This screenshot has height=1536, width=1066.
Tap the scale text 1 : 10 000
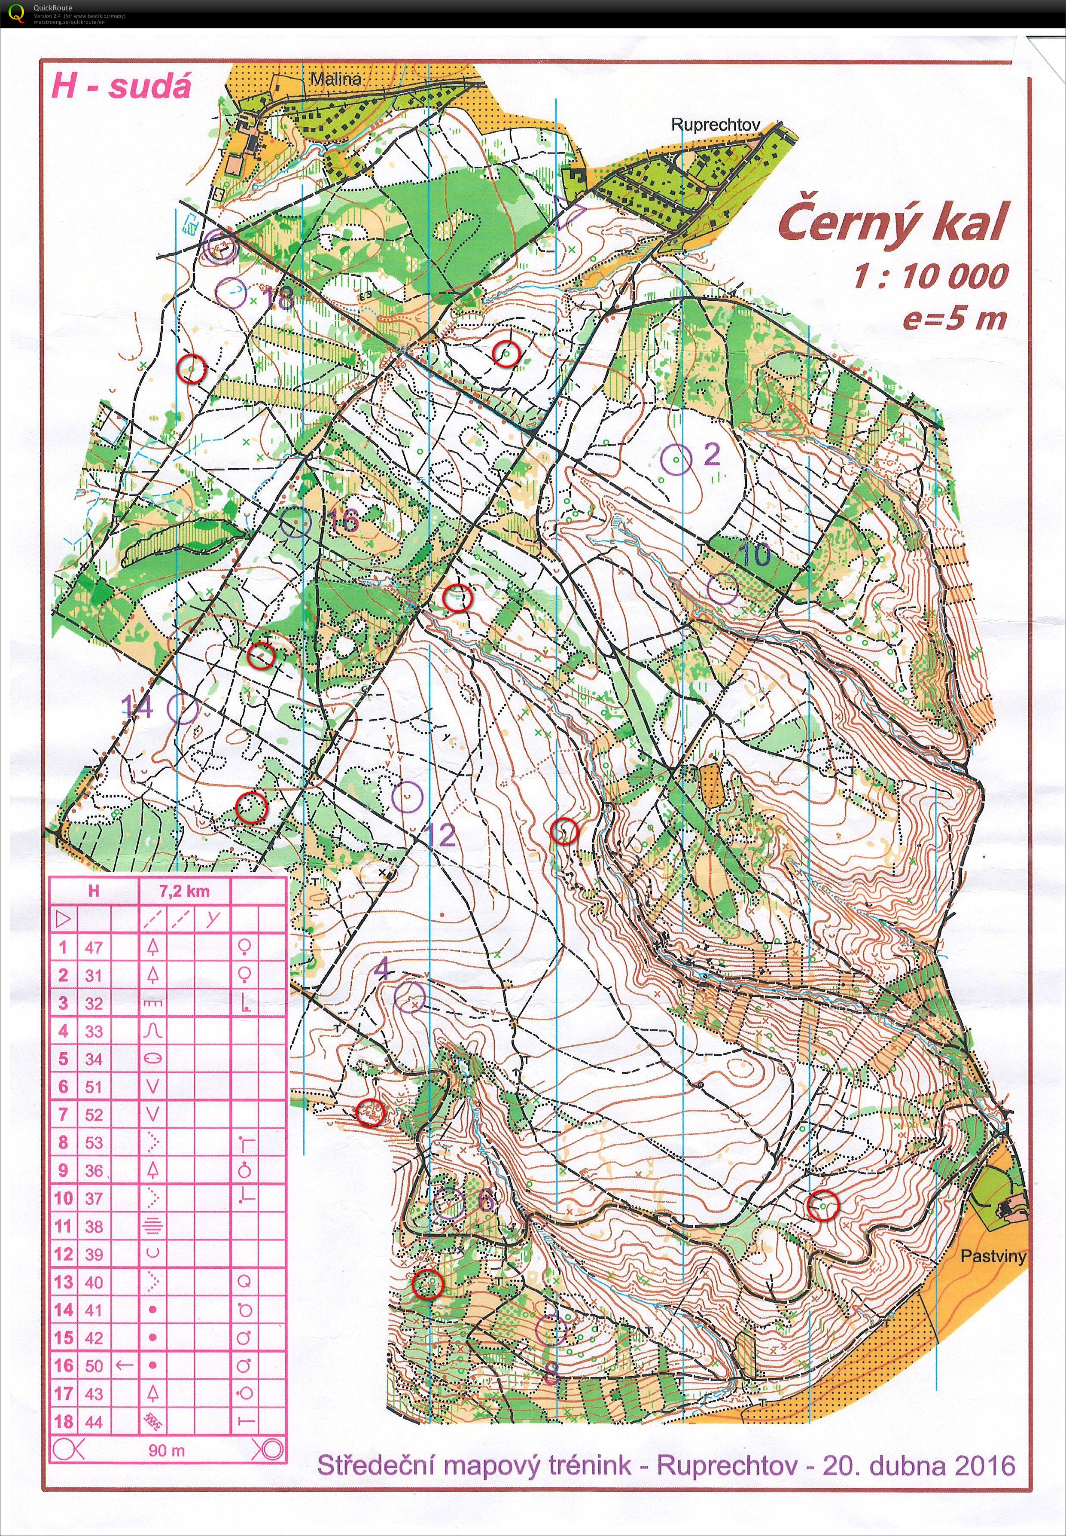930,276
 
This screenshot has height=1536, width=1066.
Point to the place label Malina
336,79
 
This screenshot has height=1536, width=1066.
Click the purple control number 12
439,835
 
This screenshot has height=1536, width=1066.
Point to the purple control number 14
137,707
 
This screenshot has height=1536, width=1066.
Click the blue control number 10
755,554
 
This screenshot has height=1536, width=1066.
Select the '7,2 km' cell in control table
184,891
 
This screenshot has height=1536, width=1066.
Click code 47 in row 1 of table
94,947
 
